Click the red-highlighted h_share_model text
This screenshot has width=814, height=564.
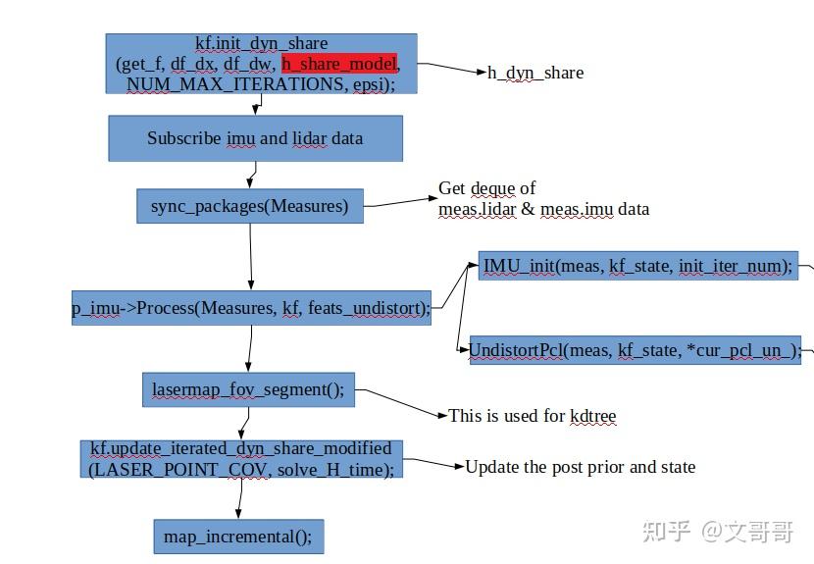(x=339, y=64)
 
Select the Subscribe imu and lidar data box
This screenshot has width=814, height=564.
(x=255, y=138)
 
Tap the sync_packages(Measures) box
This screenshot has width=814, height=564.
(x=249, y=206)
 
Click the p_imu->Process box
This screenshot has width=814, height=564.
(x=251, y=308)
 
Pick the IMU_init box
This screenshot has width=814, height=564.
(x=637, y=265)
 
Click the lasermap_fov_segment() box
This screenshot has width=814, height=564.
(x=248, y=389)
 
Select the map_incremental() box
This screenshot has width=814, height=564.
(x=237, y=537)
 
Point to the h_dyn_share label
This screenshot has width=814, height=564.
(x=535, y=73)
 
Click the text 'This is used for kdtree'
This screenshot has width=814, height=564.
(x=532, y=416)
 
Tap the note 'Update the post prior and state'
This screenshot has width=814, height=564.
(x=580, y=467)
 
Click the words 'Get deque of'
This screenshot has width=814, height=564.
(x=486, y=188)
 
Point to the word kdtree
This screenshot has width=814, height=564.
(x=592, y=416)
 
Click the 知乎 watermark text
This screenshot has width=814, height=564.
(x=666, y=531)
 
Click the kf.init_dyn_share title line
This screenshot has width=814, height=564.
(x=261, y=43)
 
